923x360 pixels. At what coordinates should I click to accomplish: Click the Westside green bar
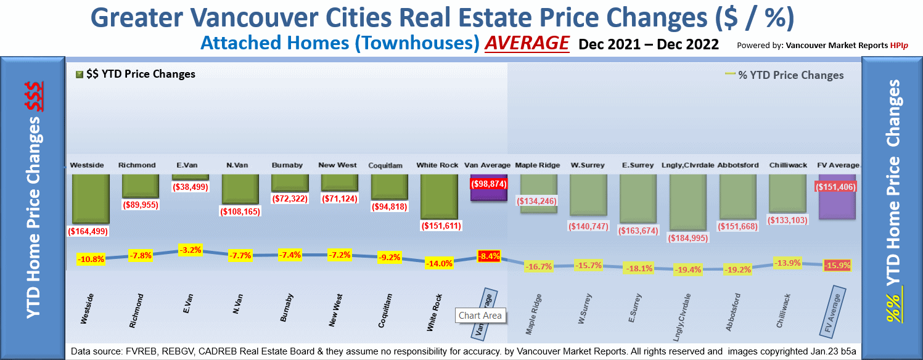pyautogui.click(x=90, y=198)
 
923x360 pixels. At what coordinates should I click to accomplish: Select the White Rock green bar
pyautogui.click(x=439, y=196)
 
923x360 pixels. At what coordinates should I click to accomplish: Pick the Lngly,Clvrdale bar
pyautogui.click(x=687, y=201)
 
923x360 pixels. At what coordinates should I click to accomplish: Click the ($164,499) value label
pyautogui.click(x=90, y=232)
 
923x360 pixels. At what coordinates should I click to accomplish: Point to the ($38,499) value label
pyautogui.click(x=190, y=187)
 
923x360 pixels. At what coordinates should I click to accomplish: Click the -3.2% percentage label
pyautogui.click(x=190, y=251)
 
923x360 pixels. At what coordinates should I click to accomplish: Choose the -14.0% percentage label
pyautogui.click(x=440, y=263)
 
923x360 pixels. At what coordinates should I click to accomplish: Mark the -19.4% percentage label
pyautogui.click(x=688, y=269)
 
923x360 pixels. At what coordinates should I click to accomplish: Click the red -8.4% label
pyautogui.click(x=489, y=256)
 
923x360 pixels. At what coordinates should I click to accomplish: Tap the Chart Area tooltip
pyautogui.click(x=480, y=316)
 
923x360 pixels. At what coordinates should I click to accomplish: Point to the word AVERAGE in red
pyautogui.click(x=527, y=44)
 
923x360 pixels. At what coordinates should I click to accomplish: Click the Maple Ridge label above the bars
pyautogui.click(x=538, y=165)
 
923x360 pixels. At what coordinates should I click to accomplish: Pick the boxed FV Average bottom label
pyautogui.click(x=833, y=311)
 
